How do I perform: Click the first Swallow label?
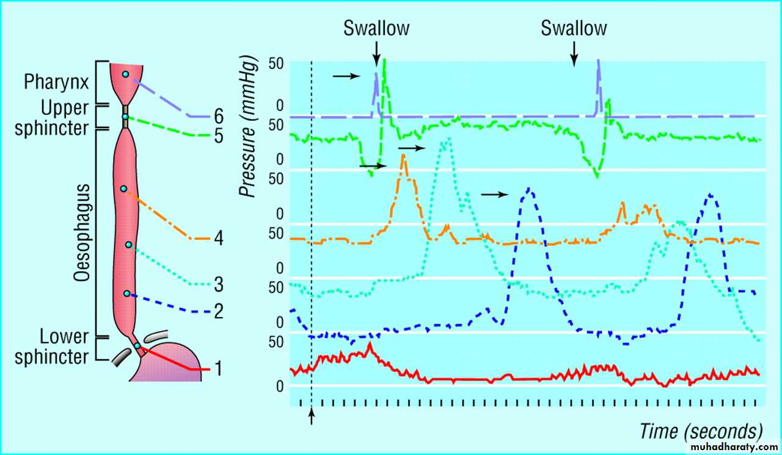[x=376, y=28]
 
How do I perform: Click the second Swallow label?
[x=574, y=28]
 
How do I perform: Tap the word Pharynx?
[x=55, y=82]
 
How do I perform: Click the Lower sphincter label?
[x=52, y=346]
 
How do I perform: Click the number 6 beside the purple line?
[x=218, y=116]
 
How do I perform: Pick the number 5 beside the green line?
[x=218, y=135]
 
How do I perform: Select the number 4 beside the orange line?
[x=218, y=238]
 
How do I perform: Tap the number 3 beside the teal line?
[x=218, y=284]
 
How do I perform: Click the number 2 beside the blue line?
[x=218, y=312]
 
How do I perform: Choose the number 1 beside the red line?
[x=218, y=369]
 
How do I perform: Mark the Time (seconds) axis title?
[x=701, y=431]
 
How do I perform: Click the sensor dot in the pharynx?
[x=125, y=74]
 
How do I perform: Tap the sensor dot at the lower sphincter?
[x=137, y=346]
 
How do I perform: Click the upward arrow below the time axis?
[x=312, y=416]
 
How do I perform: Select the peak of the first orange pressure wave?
[x=403, y=156]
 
